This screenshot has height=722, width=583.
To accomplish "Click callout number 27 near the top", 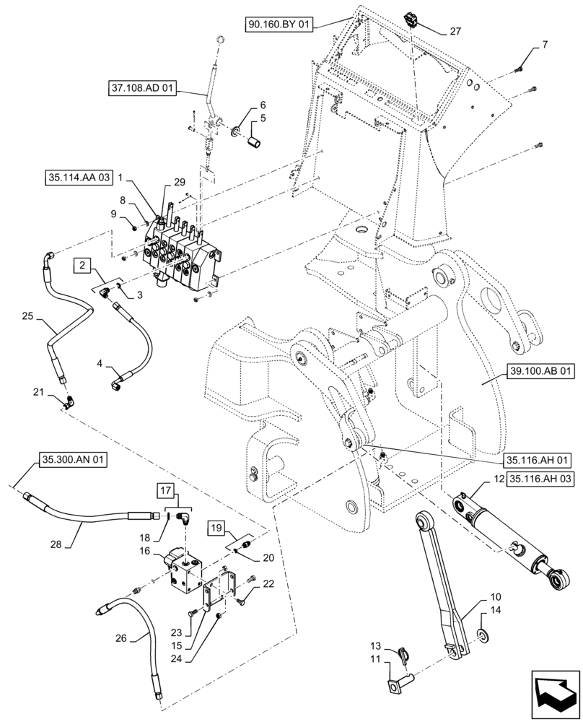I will (455, 31).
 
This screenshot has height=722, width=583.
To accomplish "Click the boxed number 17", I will (165, 492).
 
